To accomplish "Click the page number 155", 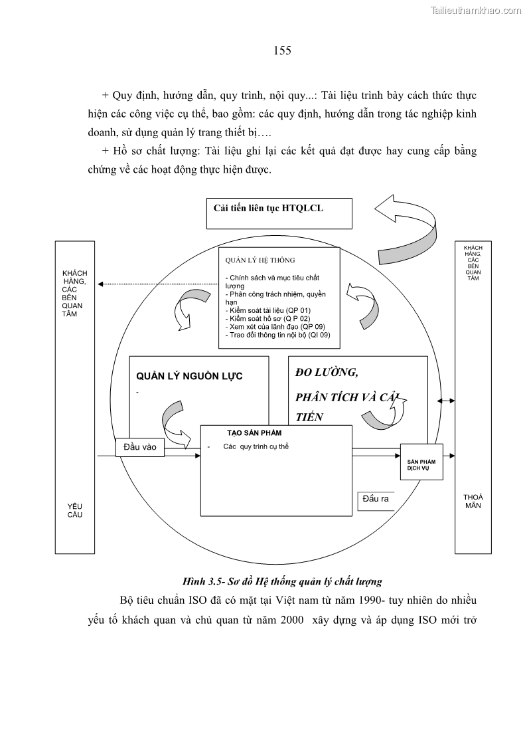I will point(281,50).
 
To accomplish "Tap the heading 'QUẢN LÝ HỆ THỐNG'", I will point(260,260).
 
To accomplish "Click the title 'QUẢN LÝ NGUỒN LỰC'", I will point(189,376).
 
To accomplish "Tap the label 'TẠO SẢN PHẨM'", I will point(244,432).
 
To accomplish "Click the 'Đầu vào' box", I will point(140,447).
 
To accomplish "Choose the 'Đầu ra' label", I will point(376,499).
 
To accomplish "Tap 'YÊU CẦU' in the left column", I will point(75,510).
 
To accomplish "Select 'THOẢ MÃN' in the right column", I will point(473,501).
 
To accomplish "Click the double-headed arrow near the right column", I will point(445,401).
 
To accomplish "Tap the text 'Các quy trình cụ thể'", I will point(256,446).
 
